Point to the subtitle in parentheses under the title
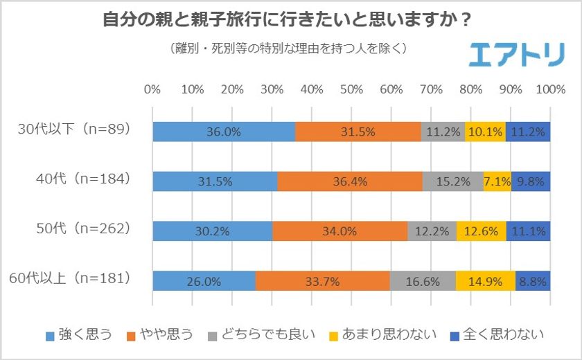pyautogui.click(x=287, y=49)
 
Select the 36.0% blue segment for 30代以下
pyautogui.click(x=223, y=132)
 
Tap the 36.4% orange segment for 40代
pyautogui.click(x=349, y=181)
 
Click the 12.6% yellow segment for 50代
pyautogui.click(x=481, y=231)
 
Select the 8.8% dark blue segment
pyautogui.click(x=533, y=281)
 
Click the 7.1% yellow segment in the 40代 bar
pyautogui.click(x=497, y=181)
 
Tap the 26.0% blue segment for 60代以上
pyautogui.click(x=204, y=281)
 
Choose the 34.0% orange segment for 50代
pyautogui.click(x=339, y=231)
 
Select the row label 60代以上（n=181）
pyautogui.click(x=70, y=279)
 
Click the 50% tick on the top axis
pyautogui.click(x=351, y=89)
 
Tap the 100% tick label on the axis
pyautogui.click(x=551, y=89)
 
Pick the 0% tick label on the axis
pyautogui.click(x=152, y=89)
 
